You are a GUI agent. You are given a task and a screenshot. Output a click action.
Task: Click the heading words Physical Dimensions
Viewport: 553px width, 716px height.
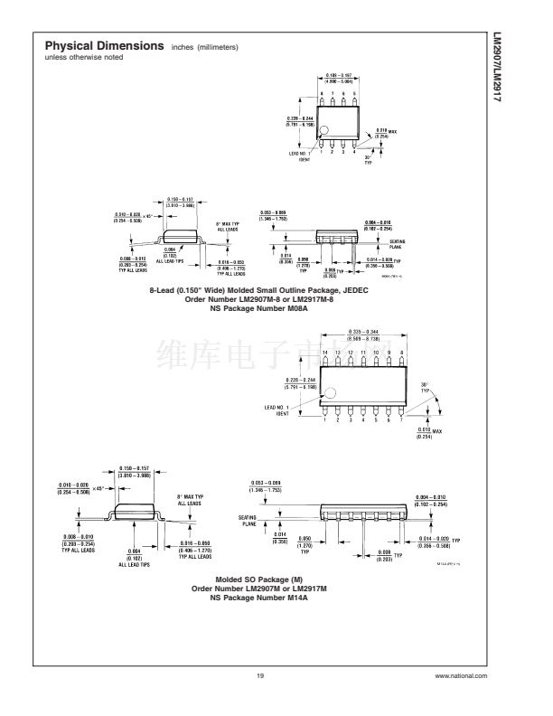104,45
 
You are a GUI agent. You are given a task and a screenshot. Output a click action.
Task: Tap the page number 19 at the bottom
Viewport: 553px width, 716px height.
259,676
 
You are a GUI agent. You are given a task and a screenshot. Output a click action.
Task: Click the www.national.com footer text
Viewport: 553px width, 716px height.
461,676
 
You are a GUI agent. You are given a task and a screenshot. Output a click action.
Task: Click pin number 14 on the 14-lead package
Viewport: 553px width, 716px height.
326,352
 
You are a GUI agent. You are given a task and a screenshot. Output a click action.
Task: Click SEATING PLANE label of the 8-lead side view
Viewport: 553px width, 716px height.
396,244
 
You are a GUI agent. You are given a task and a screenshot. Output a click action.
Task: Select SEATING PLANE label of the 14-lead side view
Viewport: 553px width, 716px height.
248,520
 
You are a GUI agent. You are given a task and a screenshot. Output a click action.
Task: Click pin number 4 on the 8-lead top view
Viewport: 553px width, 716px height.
353,151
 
